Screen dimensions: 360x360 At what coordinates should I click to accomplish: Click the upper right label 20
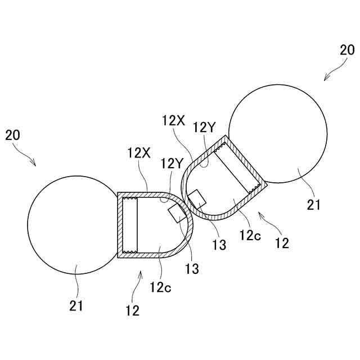(347, 50)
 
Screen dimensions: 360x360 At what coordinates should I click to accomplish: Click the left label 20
(12, 135)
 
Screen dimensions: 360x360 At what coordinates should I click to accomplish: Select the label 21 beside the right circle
(314, 205)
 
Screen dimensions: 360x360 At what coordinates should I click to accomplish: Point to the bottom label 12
(132, 309)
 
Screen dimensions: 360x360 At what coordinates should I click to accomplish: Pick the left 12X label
(137, 152)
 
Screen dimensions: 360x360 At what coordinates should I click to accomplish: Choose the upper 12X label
(172, 120)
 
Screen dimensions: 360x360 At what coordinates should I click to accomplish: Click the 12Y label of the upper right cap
(204, 128)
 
